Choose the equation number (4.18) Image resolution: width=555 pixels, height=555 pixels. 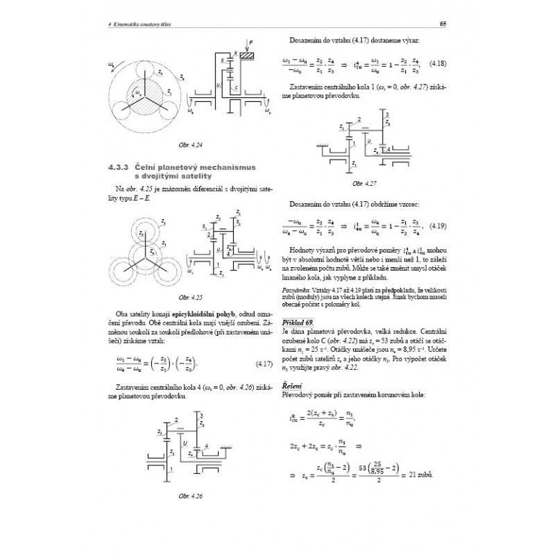pyautogui.click(x=437, y=65)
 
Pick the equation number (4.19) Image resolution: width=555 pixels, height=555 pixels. pyautogui.click(x=438, y=227)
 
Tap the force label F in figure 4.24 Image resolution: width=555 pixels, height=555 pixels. pyautogui.click(x=253, y=45)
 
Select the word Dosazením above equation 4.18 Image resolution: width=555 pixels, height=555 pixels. pyautogui.click(x=304, y=42)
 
